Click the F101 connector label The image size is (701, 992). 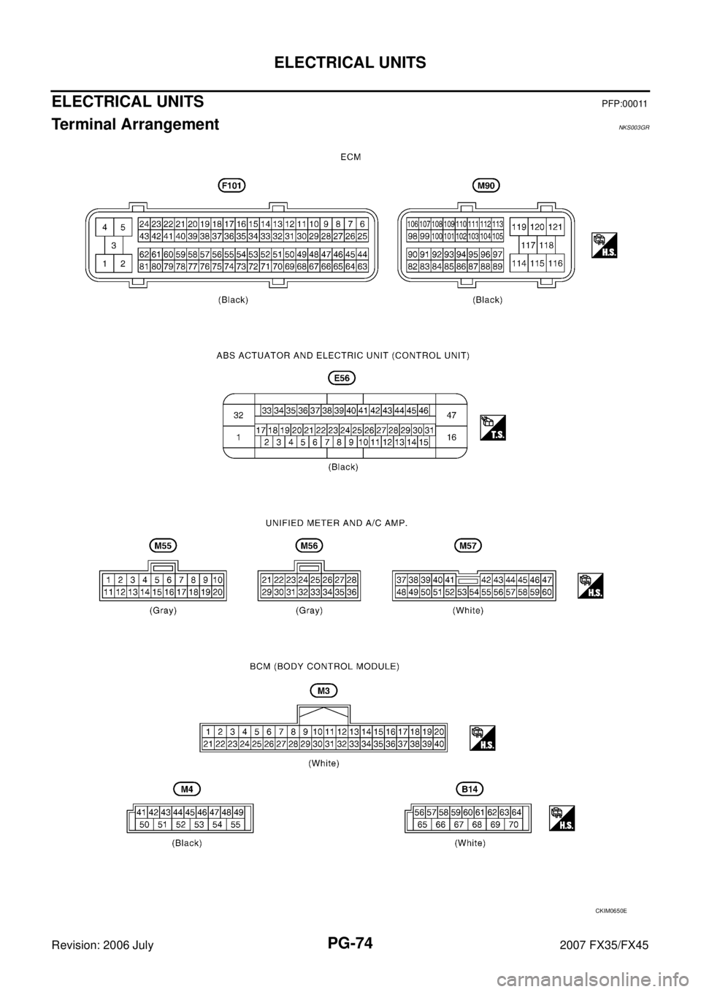[232, 186]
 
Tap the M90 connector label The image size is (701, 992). [486, 186]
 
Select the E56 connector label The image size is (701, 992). [342, 378]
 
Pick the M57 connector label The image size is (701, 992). [468, 546]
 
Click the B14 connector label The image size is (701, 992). [470, 789]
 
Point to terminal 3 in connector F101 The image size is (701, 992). [114, 245]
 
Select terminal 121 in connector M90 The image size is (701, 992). [555, 227]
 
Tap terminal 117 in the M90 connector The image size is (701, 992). [528, 245]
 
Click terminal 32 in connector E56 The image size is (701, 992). [239, 415]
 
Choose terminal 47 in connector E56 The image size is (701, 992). [451, 415]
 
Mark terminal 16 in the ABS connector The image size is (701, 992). [451, 437]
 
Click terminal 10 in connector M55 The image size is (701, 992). [218, 580]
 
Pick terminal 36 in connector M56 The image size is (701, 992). [352, 592]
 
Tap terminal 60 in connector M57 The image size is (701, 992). [547, 592]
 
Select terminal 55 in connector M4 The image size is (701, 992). [235, 824]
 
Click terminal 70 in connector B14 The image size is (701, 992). [513, 824]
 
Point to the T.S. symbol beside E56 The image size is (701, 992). [493, 427]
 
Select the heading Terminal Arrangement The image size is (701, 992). [135, 124]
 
